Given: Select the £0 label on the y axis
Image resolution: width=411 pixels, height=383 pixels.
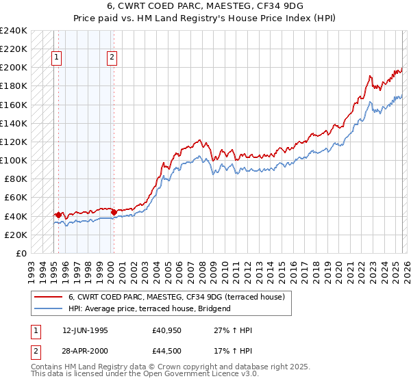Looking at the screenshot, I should (21, 253).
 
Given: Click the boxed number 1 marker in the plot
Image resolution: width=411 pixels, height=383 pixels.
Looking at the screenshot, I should (56, 58).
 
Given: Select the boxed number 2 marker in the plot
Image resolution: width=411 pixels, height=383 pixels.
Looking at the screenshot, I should (111, 58).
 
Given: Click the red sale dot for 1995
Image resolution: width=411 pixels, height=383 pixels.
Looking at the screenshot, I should (59, 215).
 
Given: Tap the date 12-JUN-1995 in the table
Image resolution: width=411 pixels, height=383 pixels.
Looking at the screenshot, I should (85, 330).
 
